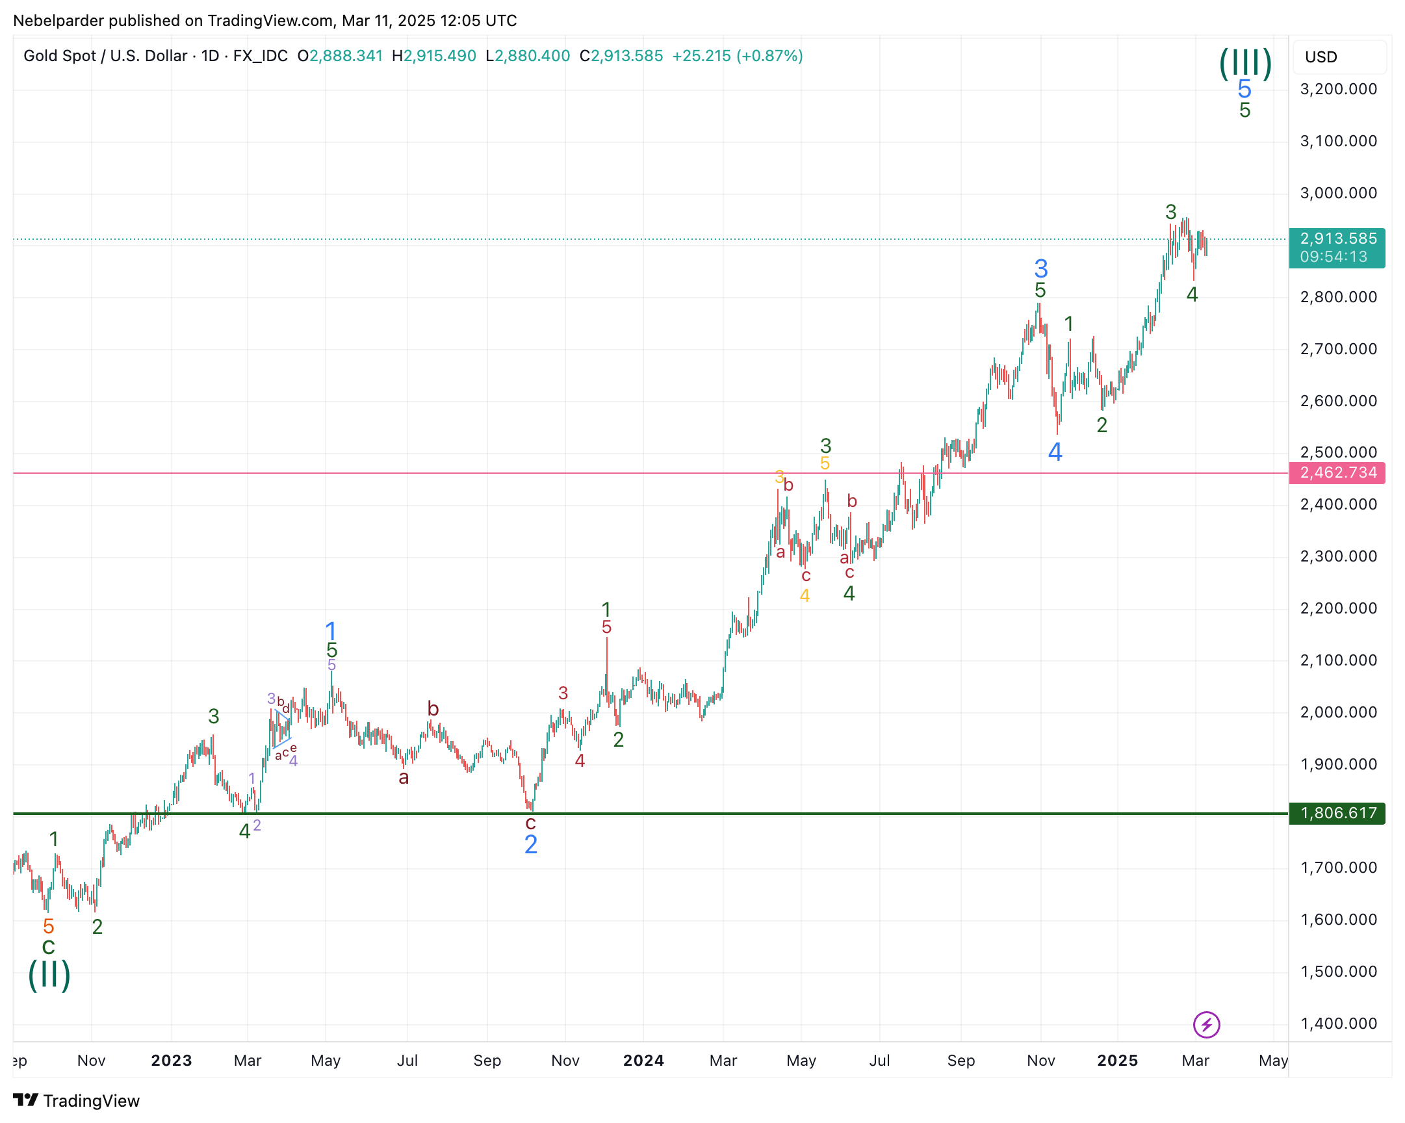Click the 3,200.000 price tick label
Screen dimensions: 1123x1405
(x=1338, y=89)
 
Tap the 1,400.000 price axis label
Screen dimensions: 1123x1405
(x=1338, y=1024)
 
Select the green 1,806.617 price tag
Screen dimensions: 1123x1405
(x=1337, y=814)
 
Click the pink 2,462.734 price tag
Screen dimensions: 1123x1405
(x=1337, y=472)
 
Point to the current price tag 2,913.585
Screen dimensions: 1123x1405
(x=1337, y=239)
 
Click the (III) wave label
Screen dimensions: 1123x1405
(x=1244, y=63)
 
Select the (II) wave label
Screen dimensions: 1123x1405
(x=49, y=975)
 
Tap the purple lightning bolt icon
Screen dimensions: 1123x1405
(x=1206, y=1025)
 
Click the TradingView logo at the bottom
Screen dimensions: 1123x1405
(x=76, y=1101)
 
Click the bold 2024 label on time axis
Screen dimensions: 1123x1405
(x=643, y=1061)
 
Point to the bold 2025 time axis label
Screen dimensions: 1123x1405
(x=1117, y=1061)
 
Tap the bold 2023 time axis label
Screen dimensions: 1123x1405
(x=172, y=1061)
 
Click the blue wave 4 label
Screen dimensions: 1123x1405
(x=1055, y=452)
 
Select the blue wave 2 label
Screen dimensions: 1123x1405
(x=530, y=845)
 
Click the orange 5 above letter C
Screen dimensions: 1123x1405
(x=48, y=926)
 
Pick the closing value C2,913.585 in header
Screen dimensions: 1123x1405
(x=621, y=56)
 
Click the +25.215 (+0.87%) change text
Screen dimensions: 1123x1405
(x=737, y=56)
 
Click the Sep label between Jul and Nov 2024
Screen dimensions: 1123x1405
(x=960, y=1061)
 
